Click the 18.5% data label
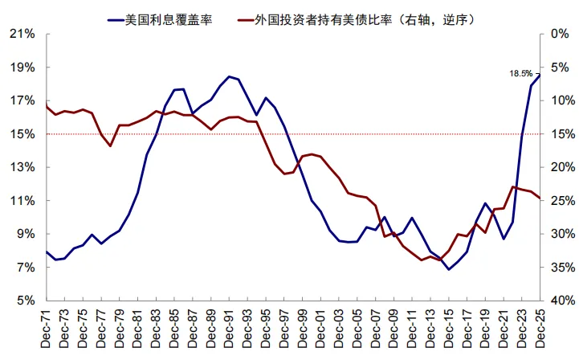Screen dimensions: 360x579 click(520, 73)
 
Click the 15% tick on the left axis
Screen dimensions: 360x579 click(23, 134)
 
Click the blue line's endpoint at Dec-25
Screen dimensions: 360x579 click(539, 76)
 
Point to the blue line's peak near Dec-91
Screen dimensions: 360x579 click(230, 76)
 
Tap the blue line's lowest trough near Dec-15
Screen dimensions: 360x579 click(449, 268)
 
